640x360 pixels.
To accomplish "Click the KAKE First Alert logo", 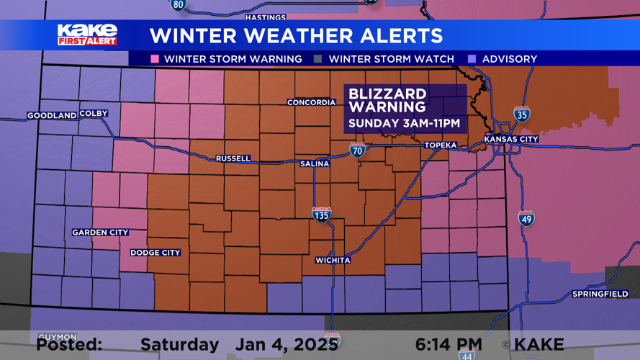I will (87, 35).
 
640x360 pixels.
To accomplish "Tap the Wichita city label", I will (333, 260).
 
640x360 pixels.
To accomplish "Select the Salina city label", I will (315, 164).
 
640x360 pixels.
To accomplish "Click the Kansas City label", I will (511, 139).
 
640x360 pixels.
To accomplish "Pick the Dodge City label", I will (156, 253).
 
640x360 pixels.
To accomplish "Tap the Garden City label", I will (100, 233).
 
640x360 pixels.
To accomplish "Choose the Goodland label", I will (52, 116).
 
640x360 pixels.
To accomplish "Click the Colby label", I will (94, 114).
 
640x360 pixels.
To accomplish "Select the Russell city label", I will (233, 158).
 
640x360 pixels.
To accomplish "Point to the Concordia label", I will (312, 102).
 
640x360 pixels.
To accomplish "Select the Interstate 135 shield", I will (321, 214).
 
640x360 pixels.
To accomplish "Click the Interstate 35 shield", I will (522, 114).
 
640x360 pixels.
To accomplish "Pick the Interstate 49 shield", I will (527, 218).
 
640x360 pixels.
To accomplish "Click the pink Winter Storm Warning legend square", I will (155, 59).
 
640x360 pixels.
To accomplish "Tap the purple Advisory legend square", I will (472, 59).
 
